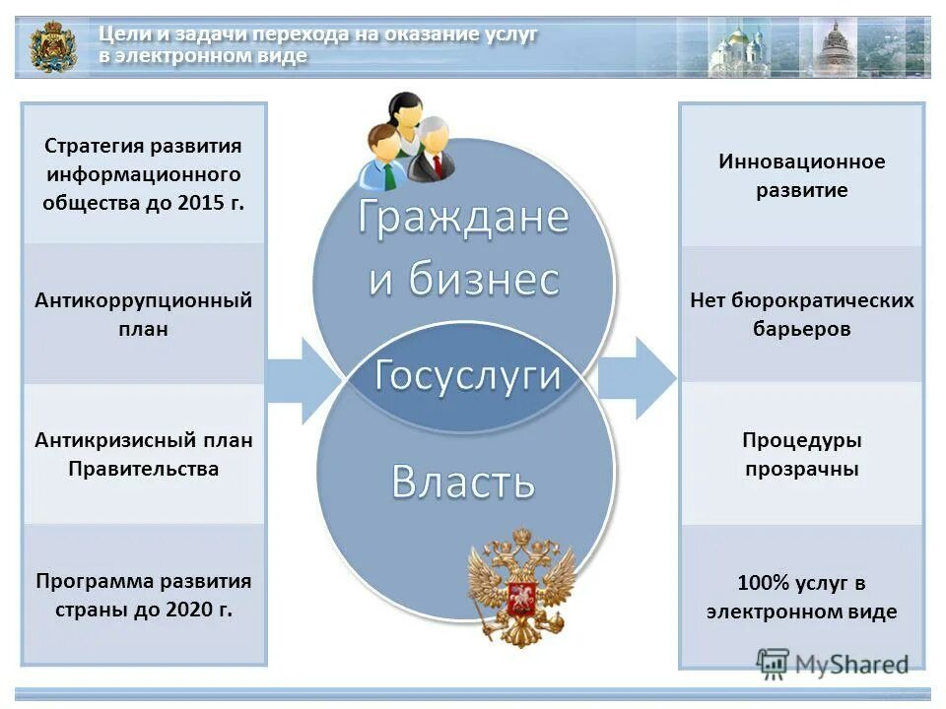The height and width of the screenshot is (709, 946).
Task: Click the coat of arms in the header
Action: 52,46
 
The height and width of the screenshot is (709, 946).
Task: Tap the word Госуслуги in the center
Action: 467,375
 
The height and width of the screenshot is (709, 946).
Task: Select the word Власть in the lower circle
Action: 463,482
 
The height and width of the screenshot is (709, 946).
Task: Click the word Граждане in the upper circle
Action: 463,217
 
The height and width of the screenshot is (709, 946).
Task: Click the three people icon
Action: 405,141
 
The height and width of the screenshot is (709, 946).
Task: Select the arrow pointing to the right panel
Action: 636,378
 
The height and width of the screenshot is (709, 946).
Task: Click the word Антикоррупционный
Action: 144,299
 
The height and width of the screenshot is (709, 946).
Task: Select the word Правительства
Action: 144,469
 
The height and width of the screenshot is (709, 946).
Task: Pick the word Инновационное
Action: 801,161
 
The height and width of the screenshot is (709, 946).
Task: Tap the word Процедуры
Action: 801,440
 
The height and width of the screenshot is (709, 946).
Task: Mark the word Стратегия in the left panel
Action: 95,146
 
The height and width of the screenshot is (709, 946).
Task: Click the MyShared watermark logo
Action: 833,663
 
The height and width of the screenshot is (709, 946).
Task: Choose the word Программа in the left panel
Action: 91,580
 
